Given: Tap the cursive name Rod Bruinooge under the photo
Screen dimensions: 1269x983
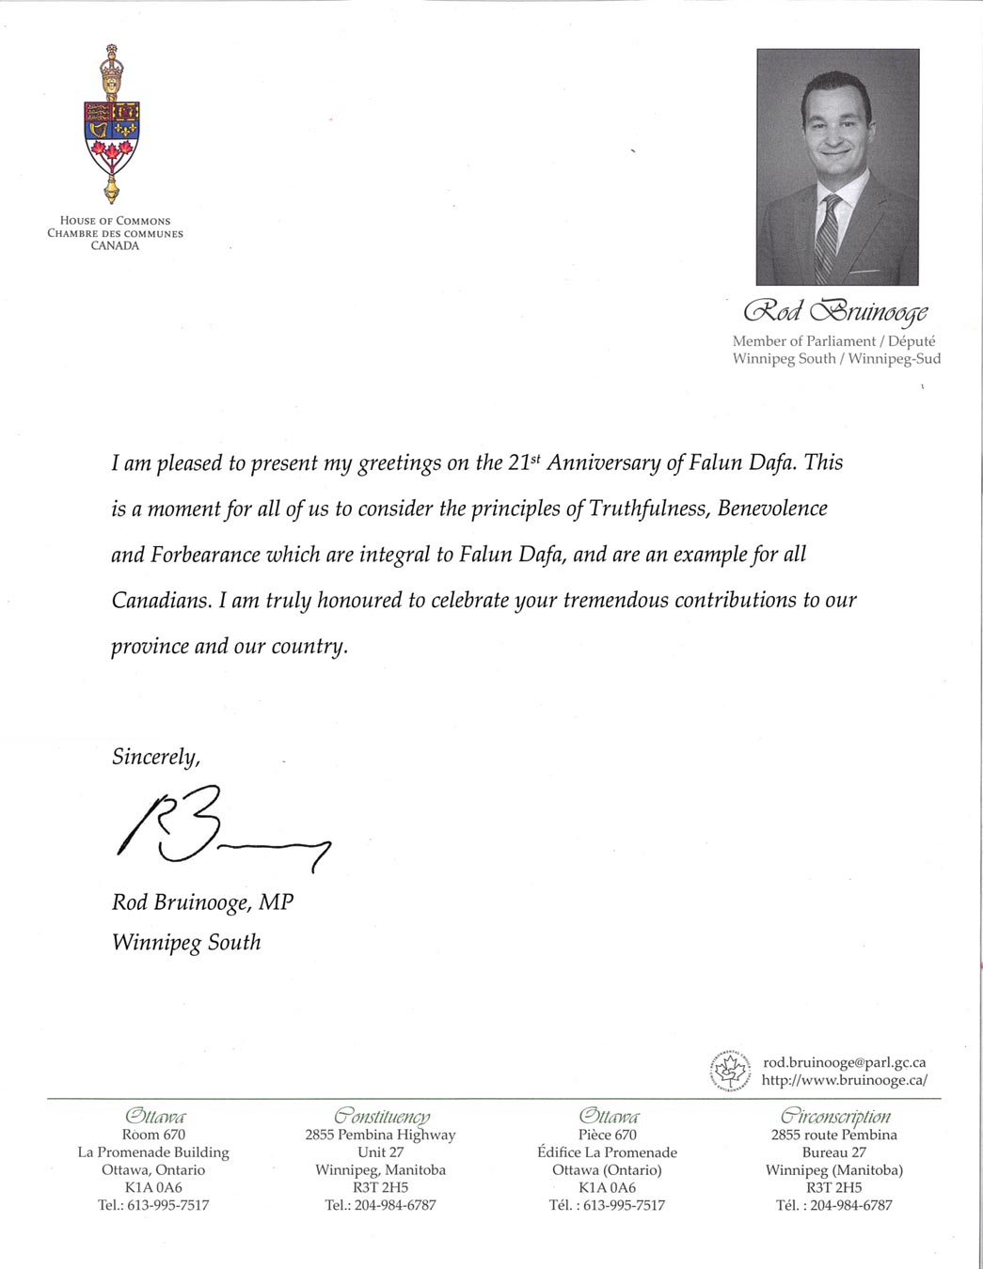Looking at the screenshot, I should (x=835, y=311).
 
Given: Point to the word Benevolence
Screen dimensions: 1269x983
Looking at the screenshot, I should (x=772, y=509).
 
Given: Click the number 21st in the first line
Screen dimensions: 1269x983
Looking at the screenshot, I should (x=525, y=462).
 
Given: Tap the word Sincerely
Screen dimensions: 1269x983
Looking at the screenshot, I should (x=155, y=757).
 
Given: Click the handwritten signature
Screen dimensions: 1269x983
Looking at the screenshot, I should (x=222, y=827).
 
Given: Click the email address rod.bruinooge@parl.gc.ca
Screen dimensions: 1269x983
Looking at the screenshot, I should (x=844, y=1062).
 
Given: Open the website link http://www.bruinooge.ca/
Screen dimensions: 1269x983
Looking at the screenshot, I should (x=844, y=1080).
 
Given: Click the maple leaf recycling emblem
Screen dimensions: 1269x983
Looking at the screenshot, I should (x=729, y=1072).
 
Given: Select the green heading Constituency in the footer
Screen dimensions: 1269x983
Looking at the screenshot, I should (x=381, y=1116).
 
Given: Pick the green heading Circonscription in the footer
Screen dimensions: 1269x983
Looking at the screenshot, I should (x=835, y=1116).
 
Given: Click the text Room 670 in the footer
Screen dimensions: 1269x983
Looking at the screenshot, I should (x=153, y=1135).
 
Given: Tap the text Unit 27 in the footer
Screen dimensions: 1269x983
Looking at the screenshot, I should (x=380, y=1152).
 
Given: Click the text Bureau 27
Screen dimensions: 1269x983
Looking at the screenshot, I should (x=833, y=1152).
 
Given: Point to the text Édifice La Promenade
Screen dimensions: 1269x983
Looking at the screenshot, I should (x=607, y=1152).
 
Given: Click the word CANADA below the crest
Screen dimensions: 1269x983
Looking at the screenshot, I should (x=115, y=246).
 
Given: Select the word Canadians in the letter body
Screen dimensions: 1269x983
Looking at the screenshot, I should (x=161, y=601).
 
